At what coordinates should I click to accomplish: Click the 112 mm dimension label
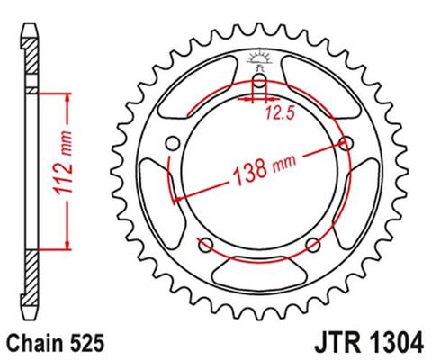pyautogui.click(x=68, y=168)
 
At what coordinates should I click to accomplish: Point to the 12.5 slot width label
pyautogui.click(x=280, y=112)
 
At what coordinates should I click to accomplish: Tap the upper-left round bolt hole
pyautogui.click(x=171, y=142)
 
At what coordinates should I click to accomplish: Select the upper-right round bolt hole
pyautogui.click(x=347, y=142)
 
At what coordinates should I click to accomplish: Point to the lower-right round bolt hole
pyautogui.click(x=313, y=245)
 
